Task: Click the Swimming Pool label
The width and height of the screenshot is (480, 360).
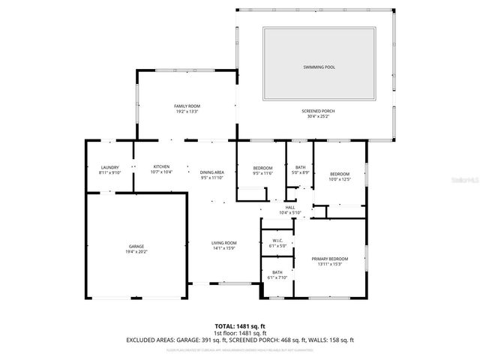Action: coord(319,67)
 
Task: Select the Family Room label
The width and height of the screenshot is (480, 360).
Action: coord(186,107)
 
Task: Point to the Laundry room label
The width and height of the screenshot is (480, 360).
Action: coord(109,166)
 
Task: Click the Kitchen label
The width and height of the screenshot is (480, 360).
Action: coord(162,166)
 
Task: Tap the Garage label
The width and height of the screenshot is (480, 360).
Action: coord(136,246)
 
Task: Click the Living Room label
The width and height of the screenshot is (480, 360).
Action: coord(223,243)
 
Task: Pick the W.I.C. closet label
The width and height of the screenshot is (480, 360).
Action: coord(277,241)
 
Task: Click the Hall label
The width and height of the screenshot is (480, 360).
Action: coord(289,208)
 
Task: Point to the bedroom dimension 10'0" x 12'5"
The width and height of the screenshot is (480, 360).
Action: coord(340,179)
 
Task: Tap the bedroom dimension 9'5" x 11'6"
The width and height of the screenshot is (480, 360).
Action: coord(262,172)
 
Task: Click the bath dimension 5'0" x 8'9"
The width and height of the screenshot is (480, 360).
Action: coord(299,172)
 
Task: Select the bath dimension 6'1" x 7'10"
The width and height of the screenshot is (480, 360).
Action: coord(277,277)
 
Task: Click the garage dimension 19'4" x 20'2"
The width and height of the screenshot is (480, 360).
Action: coord(136,251)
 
